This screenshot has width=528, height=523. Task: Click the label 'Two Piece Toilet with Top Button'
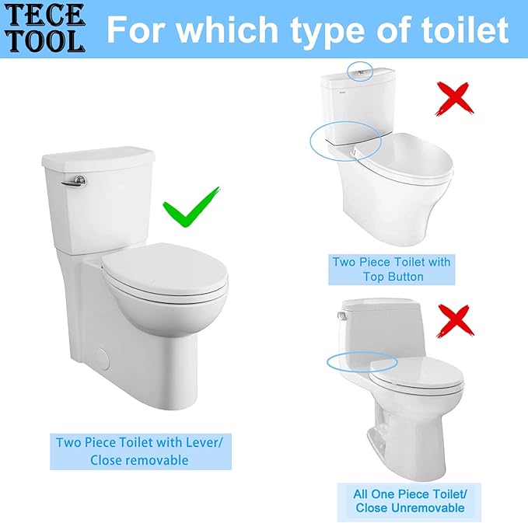point(391,269)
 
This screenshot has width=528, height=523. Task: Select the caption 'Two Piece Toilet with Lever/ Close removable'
point(139,451)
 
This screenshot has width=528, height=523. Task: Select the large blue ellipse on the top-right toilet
point(345,139)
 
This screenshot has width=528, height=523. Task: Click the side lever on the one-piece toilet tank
point(341,315)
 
